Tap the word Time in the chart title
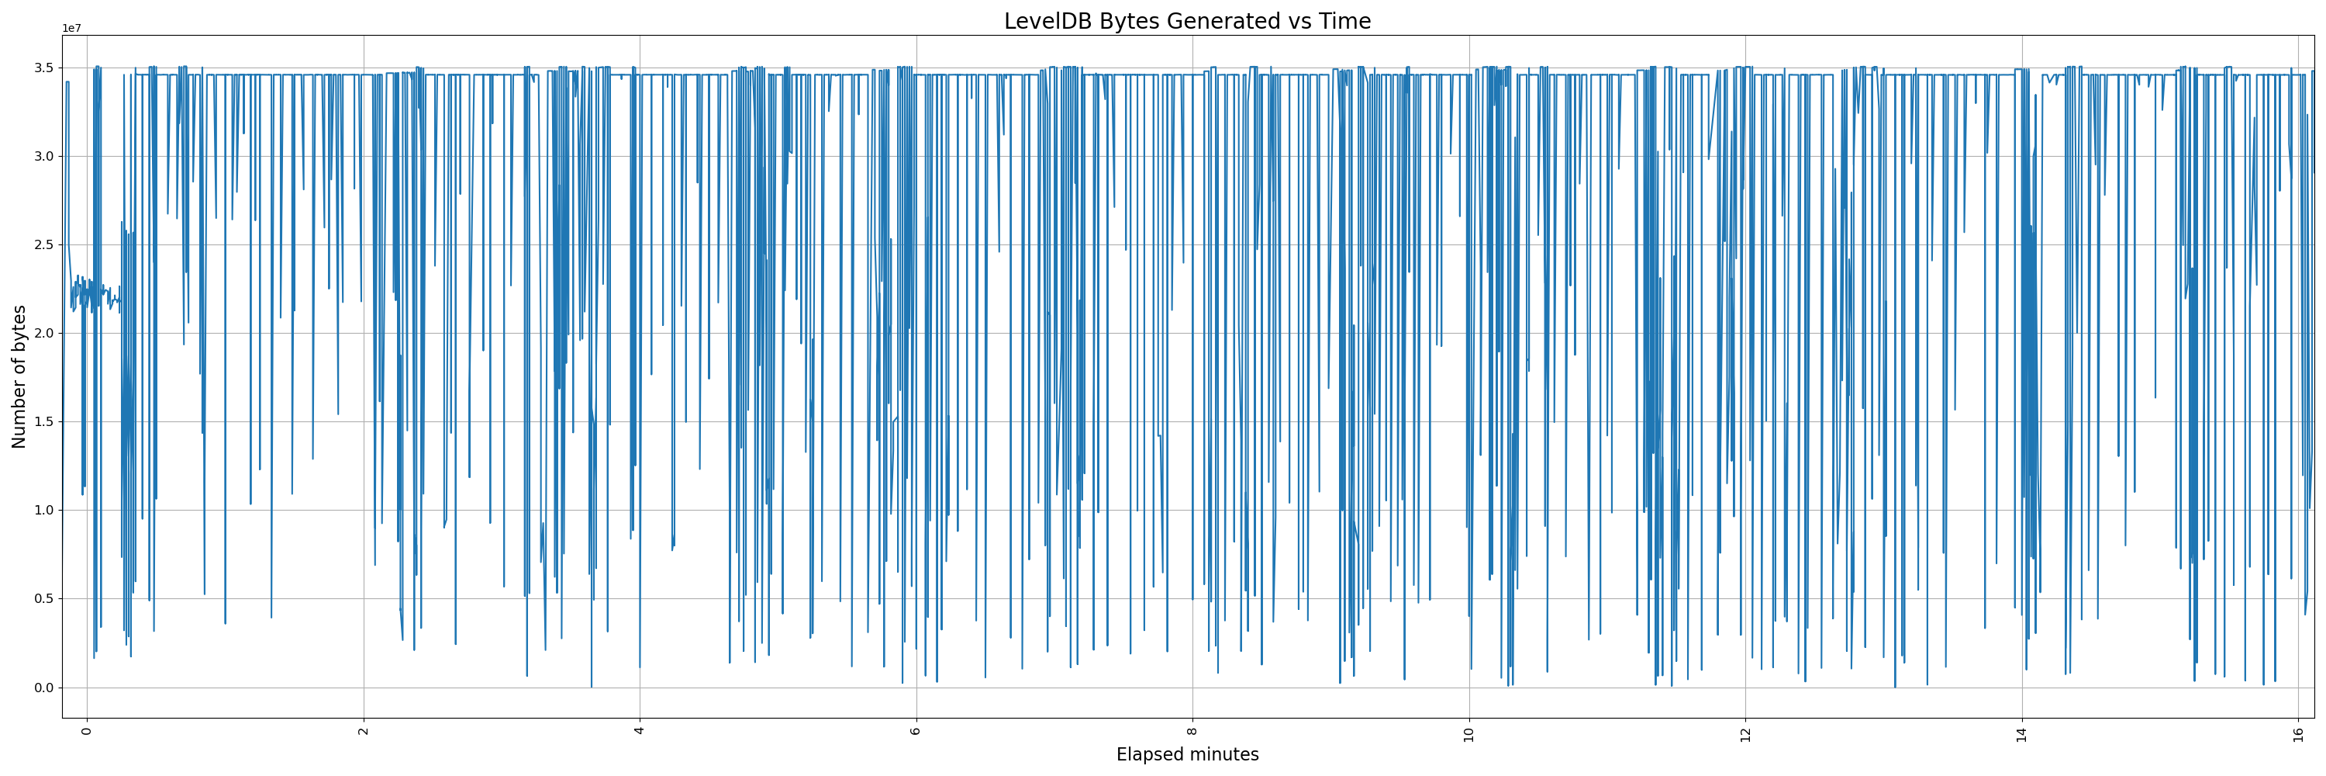pos(1345,22)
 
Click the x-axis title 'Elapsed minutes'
pos(1186,754)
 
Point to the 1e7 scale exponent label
pos(71,29)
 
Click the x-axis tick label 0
pos(87,730)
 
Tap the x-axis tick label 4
pos(640,730)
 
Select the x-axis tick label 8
pos(1192,730)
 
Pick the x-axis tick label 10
pos(1469,733)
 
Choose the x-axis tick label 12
pos(1745,733)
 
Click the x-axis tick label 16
pos(2298,733)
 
